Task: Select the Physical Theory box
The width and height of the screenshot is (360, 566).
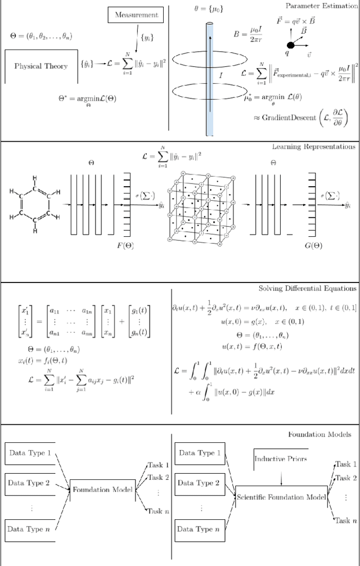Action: (40, 66)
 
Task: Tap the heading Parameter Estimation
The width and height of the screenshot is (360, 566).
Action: (321, 6)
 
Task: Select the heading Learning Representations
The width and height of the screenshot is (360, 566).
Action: (314, 147)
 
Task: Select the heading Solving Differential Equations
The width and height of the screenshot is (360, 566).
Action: (307, 289)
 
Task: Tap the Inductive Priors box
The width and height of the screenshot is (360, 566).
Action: (281, 459)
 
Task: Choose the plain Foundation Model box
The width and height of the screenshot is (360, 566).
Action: (102, 489)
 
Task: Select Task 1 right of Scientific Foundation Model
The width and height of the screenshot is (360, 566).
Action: (345, 464)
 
